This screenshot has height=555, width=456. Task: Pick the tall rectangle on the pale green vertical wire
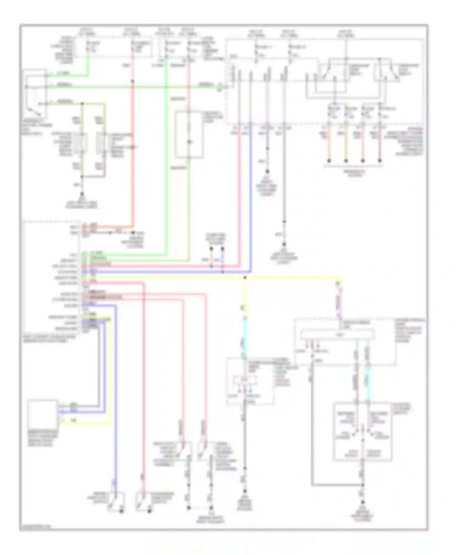click(189, 135)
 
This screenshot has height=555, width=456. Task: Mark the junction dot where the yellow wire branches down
click(245, 277)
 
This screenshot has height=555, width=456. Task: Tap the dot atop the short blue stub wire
click(223, 249)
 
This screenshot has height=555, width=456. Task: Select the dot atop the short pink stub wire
click(211, 249)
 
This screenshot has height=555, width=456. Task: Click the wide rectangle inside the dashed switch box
click(337, 335)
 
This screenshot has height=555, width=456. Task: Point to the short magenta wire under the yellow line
click(338, 301)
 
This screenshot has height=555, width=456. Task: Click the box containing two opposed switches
click(362, 431)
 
